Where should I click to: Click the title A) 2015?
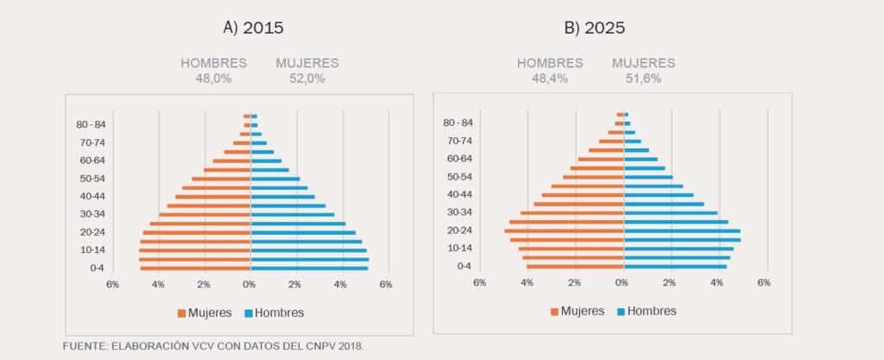(x=253, y=27)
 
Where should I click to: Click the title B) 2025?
(x=594, y=27)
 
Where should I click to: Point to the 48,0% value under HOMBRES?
(x=213, y=79)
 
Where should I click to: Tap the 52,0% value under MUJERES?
(x=306, y=79)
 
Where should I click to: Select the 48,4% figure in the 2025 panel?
(x=550, y=79)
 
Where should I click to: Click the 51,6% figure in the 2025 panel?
(x=643, y=79)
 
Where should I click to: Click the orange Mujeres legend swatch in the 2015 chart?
(x=182, y=313)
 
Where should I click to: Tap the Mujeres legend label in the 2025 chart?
(x=583, y=311)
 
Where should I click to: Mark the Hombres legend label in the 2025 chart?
(x=652, y=311)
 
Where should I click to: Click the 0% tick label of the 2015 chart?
(x=249, y=284)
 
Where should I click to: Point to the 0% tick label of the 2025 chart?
(x=622, y=282)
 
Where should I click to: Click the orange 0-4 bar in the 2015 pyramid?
(x=196, y=268)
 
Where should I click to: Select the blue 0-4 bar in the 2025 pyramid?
(x=675, y=266)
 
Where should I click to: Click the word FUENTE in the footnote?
(x=85, y=345)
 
